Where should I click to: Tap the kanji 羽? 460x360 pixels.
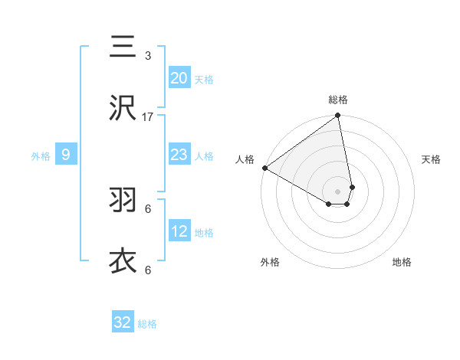click(x=123, y=200)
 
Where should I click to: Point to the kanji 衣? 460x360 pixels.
click(x=123, y=260)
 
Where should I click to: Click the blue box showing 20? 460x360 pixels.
click(x=179, y=78)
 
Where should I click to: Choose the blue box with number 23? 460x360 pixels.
click(x=179, y=155)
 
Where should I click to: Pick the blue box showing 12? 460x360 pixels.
click(x=179, y=232)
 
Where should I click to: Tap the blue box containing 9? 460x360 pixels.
click(x=66, y=155)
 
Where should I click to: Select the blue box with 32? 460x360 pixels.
click(x=123, y=322)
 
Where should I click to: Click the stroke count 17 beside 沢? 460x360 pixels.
click(x=148, y=117)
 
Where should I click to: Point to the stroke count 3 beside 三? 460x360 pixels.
click(x=148, y=56)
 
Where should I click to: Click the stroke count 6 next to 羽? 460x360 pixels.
click(x=148, y=208)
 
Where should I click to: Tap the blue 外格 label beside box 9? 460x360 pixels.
click(x=41, y=156)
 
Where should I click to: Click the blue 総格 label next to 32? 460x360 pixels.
click(x=147, y=324)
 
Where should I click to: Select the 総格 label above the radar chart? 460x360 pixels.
click(x=338, y=100)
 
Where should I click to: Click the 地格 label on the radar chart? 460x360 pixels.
click(x=402, y=263)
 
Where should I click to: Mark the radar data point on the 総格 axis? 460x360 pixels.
click(x=338, y=116)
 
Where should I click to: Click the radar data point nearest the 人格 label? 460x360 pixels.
click(x=264, y=167)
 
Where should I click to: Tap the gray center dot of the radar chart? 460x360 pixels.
click(x=338, y=191)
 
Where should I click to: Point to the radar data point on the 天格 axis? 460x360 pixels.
click(x=352, y=187)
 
